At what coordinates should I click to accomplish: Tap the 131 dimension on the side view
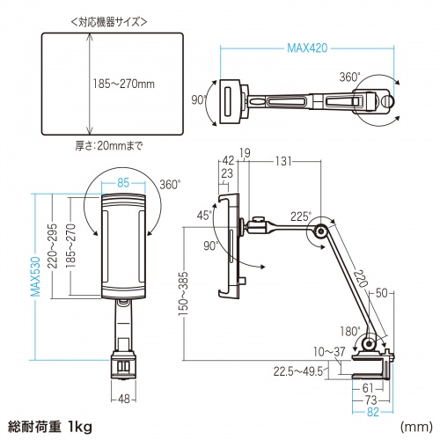coord(282,161)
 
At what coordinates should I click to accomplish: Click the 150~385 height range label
coord(181,293)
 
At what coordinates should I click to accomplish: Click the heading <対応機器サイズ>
coord(84,19)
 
